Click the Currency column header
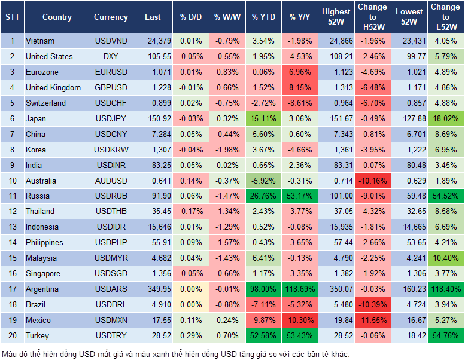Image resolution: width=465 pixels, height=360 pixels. [111, 17]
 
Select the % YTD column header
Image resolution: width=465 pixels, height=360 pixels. [263, 17]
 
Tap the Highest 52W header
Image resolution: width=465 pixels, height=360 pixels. [336, 17]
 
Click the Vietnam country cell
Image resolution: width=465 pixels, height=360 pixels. [40, 41]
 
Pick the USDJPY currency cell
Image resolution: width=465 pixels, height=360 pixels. [111, 118]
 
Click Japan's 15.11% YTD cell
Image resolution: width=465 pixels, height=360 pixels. [263, 118]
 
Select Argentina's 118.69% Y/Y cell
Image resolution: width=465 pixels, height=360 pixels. [300, 289]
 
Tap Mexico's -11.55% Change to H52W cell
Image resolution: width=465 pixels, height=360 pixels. [372, 321]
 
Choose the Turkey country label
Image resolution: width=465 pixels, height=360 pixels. [38, 336]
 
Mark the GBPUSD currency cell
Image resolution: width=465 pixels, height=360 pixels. [111, 87]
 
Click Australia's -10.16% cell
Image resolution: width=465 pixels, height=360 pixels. [372, 181]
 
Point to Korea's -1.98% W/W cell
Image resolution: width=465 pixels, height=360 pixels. [226, 150]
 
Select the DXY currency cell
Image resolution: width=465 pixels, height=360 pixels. [111, 56]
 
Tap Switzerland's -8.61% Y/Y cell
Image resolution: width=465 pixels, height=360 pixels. [300, 103]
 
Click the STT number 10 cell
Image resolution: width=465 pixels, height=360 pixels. [11, 181]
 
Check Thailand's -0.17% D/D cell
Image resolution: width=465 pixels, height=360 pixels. [191, 212]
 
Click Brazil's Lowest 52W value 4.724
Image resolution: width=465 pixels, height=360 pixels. [409, 305]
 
